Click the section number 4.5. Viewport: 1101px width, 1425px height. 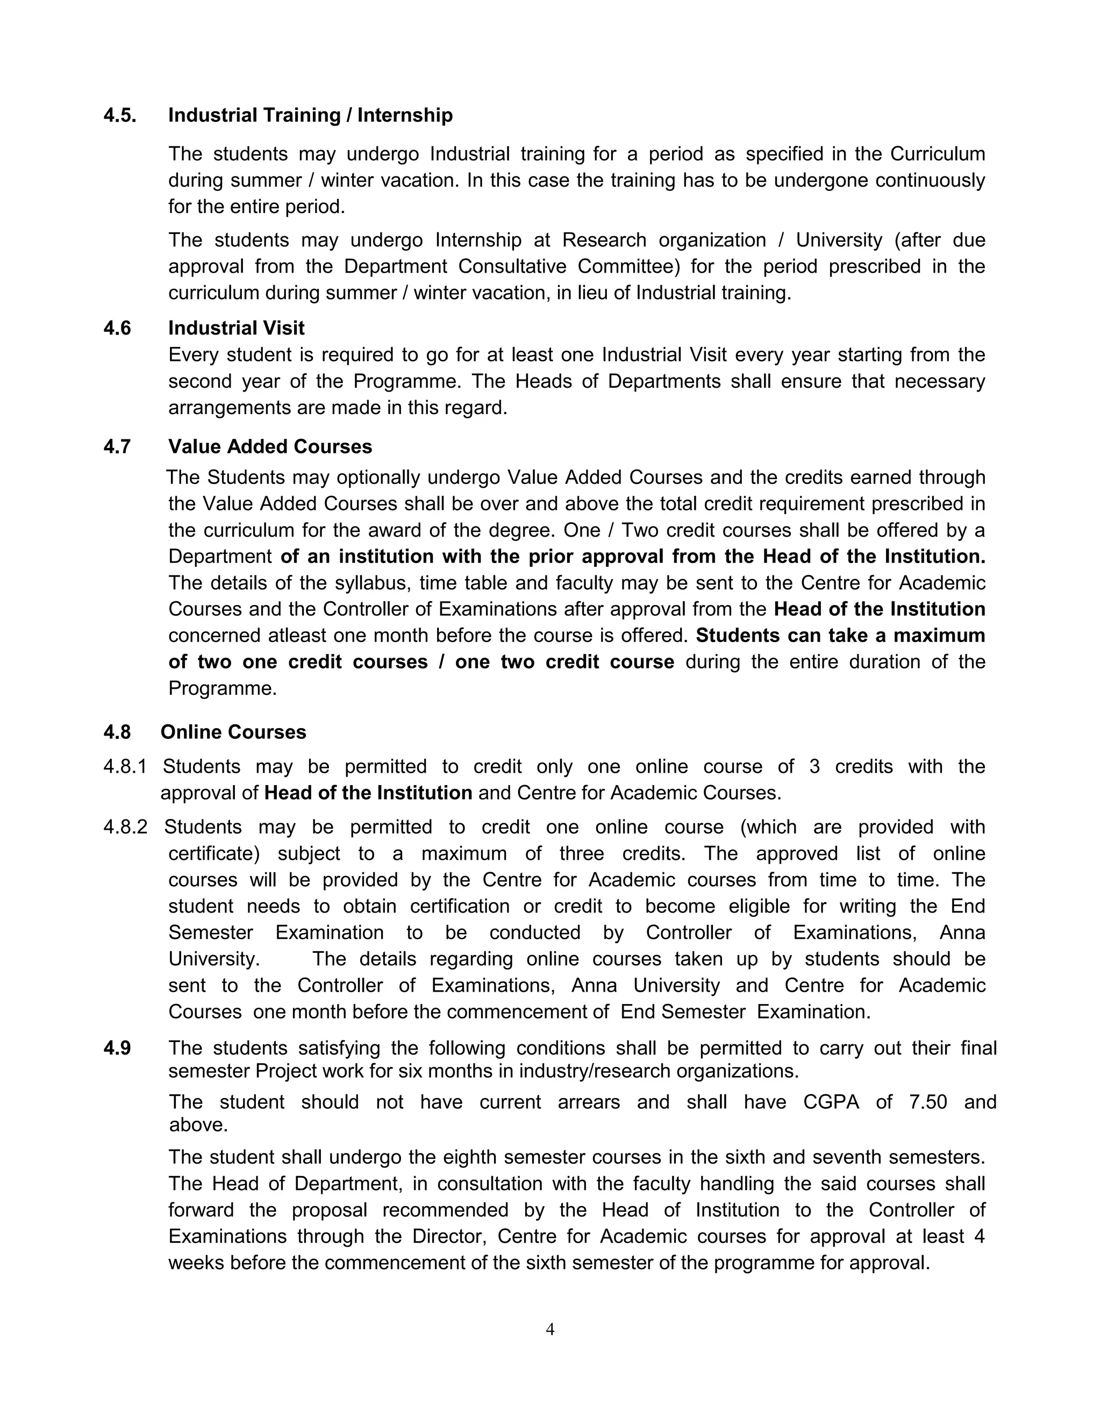click(120, 116)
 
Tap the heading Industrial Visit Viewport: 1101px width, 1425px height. click(236, 327)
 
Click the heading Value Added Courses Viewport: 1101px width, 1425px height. click(270, 446)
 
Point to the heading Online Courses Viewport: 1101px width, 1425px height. click(233, 732)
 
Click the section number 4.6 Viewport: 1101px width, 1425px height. click(117, 327)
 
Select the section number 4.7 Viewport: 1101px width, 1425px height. click(117, 446)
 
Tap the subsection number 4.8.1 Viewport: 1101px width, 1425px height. click(125, 767)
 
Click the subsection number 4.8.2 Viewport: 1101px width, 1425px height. click(125, 828)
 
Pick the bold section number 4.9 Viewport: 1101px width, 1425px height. click(117, 1049)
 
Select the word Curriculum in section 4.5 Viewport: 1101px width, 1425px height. click(937, 154)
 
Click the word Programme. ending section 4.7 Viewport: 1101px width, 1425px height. click(223, 688)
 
